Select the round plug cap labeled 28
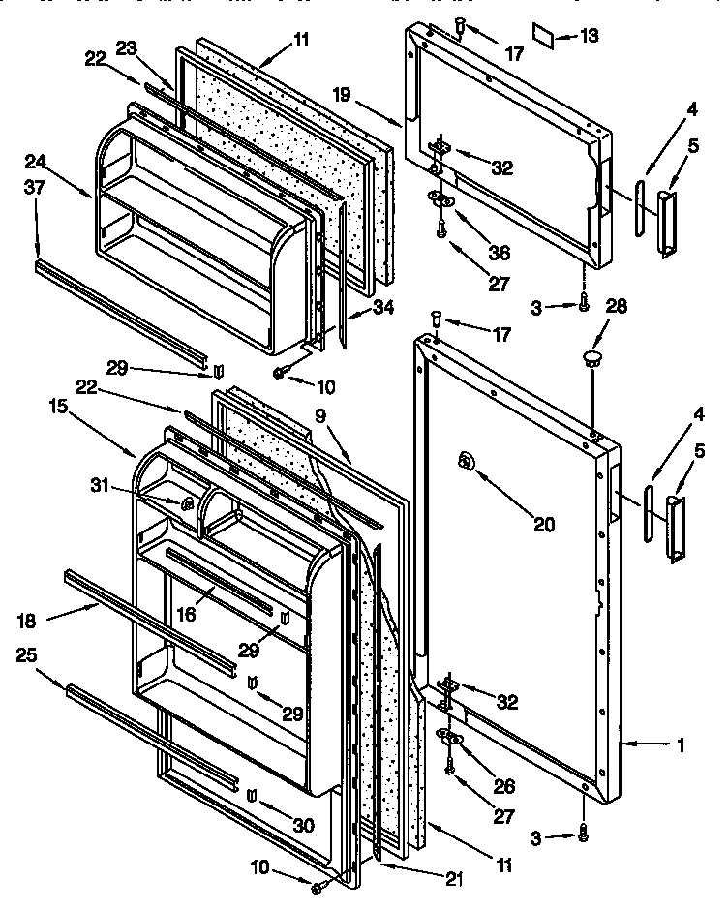(x=591, y=360)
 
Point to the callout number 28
(x=616, y=307)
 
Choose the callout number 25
(x=29, y=657)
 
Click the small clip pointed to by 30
(x=252, y=797)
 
